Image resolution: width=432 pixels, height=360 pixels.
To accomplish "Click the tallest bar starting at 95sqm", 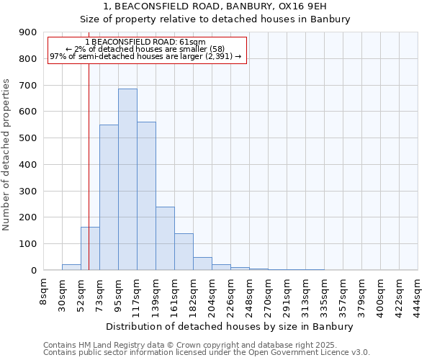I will coord(127,180).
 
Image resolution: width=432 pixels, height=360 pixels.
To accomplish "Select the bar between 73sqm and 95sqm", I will coord(109,198).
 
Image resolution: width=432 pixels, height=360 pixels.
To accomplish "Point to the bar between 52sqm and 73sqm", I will coord(90,248).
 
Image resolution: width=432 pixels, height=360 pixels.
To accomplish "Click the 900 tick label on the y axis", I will coord(28,32).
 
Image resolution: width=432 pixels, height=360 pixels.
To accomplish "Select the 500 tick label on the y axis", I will coord(28,138).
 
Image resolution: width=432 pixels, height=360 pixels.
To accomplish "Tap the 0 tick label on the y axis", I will coord(34,271).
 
